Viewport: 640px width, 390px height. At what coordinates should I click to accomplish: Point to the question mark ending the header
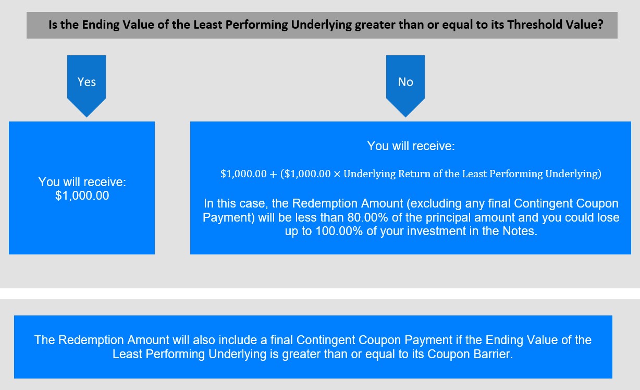click(600, 25)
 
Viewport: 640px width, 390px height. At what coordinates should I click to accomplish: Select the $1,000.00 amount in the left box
click(82, 196)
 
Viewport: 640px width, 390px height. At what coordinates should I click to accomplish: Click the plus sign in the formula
click(273, 174)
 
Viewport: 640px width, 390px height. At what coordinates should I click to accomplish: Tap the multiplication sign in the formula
click(337, 174)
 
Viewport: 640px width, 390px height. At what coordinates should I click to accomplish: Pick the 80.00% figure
click(367, 217)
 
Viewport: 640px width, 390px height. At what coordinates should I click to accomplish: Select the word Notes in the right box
click(520, 231)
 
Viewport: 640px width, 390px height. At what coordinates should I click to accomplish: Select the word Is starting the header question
click(53, 25)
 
